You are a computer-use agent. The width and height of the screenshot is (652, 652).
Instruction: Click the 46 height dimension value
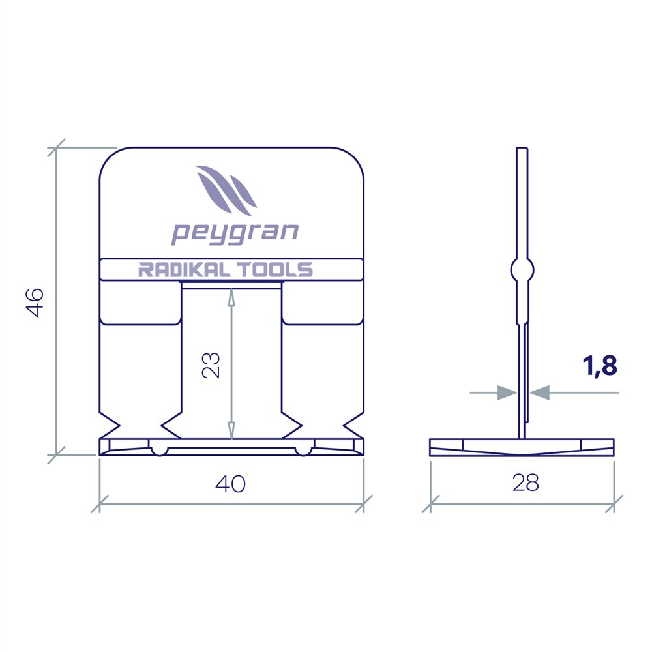click(35, 303)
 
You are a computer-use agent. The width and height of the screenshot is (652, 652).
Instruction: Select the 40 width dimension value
click(230, 484)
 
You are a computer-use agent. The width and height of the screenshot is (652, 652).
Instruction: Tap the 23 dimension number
click(211, 365)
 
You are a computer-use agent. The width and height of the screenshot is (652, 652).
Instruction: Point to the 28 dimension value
click(526, 482)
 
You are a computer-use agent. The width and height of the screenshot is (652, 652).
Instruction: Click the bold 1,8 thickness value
click(600, 366)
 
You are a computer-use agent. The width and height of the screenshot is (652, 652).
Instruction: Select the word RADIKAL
click(185, 270)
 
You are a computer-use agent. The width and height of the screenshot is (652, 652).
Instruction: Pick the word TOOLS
click(276, 270)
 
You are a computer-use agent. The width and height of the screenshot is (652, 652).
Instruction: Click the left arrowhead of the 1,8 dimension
click(508, 392)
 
